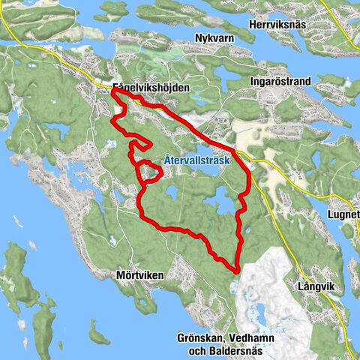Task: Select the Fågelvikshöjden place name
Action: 150,88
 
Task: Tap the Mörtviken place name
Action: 140,275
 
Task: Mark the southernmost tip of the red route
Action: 236,271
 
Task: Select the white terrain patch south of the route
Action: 270,300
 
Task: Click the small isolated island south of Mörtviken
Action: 94,331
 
